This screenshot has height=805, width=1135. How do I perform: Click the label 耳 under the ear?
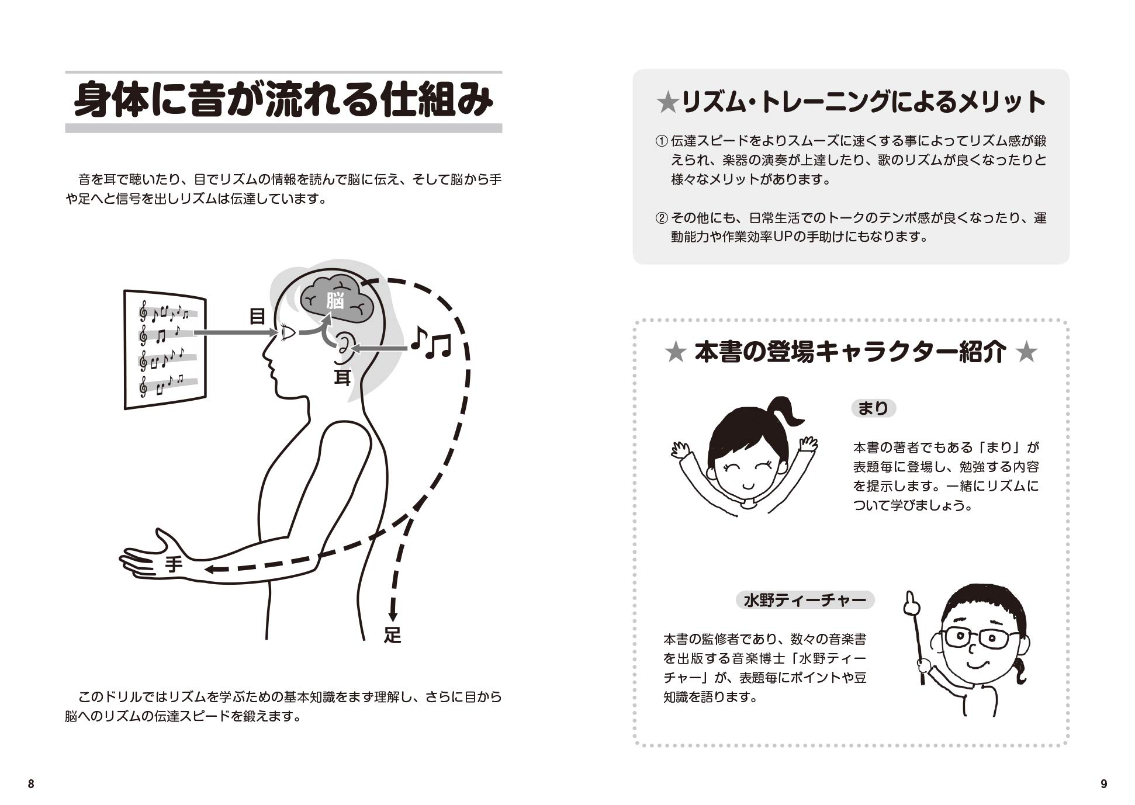point(342,378)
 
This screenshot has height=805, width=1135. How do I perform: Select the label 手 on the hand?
point(174,564)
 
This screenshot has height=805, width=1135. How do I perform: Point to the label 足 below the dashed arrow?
point(393,635)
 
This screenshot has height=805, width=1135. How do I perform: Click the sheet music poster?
point(165,349)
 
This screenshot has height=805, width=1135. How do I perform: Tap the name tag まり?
point(873,408)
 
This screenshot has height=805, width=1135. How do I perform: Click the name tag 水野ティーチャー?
point(805,600)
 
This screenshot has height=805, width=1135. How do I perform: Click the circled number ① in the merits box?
point(661,141)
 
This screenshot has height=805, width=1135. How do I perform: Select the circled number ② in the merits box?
point(661,218)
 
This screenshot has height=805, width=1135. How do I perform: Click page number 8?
point(31,784)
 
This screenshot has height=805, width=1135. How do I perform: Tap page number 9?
point(1103,784)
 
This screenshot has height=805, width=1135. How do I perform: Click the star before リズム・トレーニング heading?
point(666,104)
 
